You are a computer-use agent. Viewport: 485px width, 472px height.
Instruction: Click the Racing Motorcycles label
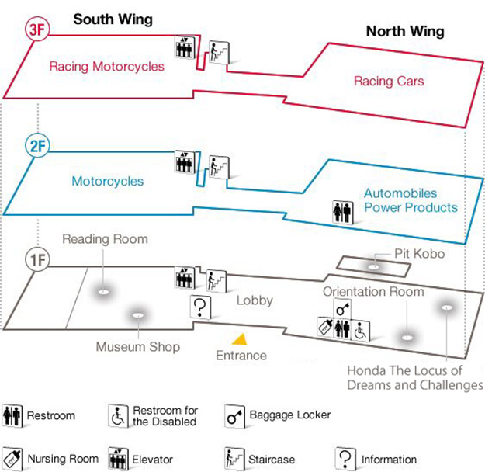[107, 66]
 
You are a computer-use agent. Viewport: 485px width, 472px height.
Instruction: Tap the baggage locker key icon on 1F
[342, 307]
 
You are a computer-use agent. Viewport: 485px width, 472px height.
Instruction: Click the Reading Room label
[105, 239]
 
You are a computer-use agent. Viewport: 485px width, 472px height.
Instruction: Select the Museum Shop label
[137, 346]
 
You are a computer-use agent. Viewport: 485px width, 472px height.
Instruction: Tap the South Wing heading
[113, 19]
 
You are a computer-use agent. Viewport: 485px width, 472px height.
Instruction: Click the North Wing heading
[405, 31]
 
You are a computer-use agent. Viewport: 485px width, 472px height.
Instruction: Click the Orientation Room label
[373, 292]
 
